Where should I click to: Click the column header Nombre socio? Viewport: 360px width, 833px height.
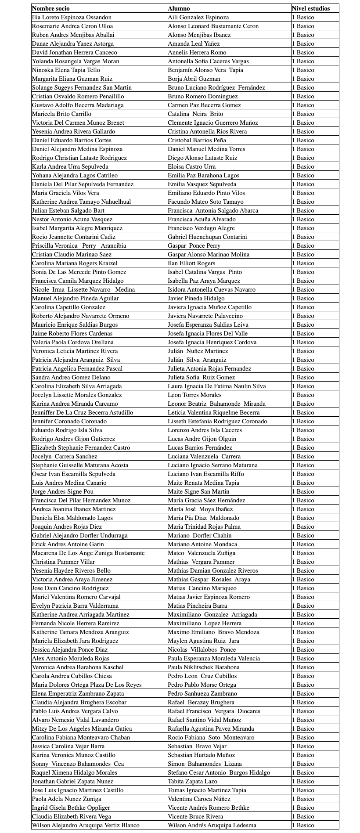point(50,8)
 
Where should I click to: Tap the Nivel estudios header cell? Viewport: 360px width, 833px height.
point(310,8)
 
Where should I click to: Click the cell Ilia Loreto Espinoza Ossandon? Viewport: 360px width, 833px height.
point(72,17)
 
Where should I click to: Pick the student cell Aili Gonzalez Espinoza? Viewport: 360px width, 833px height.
point(198,17)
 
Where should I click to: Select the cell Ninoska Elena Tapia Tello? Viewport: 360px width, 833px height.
point(66,70)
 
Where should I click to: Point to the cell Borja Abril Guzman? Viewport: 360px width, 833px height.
point(194,79)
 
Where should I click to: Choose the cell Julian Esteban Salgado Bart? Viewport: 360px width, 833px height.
point(68,210)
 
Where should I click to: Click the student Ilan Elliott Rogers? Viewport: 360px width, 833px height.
point(191,263)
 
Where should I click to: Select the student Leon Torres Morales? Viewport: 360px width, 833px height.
point(194,395)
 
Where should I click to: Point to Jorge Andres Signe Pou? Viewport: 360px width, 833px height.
point(63,491)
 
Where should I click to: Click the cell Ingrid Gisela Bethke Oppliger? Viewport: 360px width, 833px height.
point(71,808)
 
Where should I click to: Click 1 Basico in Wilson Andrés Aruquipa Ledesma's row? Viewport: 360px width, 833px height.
point(303,825)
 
